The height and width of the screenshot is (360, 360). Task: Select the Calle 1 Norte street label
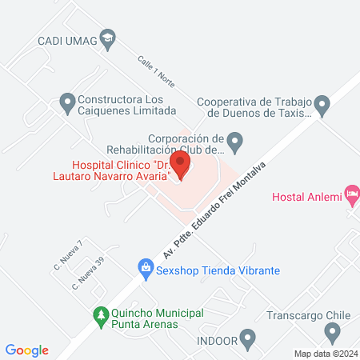click(155, 71)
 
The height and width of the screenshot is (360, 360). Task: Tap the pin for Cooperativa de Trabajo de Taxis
click(322, 104)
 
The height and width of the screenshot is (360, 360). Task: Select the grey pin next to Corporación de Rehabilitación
click(234, 145)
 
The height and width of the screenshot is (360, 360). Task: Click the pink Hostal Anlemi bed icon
click(352, 195)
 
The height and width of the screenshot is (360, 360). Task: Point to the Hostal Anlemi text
click(307, 197)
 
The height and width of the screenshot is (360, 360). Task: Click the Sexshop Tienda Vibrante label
click(218, 270)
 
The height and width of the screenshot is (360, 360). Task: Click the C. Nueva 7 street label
click(69, 255)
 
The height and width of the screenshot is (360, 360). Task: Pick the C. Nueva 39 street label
click(88, 273)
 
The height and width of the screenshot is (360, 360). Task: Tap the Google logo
click(27, 350)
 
